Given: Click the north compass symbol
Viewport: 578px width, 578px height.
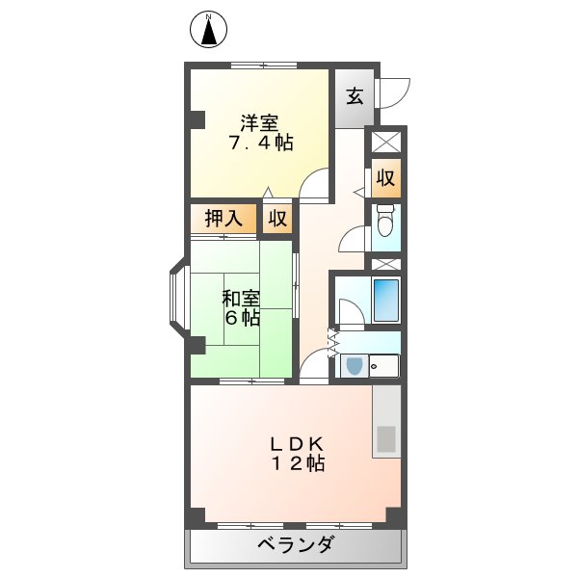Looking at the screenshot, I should pyautogui.click(x=208, y=30).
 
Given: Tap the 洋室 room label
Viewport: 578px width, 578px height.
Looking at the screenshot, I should pyautogui.click(x=259, y=122).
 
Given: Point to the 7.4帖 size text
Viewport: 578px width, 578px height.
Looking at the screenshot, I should pyautogui.click(x=260, y=143).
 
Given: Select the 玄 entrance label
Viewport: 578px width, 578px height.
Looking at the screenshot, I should pyautogui.click(x=355, y=96).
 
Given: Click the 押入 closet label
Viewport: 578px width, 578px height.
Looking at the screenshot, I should pyautogui.click(x=223, y=219).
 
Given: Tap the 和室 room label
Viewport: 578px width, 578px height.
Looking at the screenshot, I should pyautogui.click(x=240, y=298).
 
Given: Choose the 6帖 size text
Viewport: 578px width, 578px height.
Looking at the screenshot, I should pyautogui.click(x=241, y=317).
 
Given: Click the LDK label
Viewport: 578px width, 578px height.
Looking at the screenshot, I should pyautogui.click(x=295, y=444).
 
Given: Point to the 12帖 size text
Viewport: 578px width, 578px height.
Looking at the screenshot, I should pyautogui.click(x=296, y=464).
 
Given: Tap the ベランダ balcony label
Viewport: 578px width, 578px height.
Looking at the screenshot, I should pyautogui.click(x=295, y=545).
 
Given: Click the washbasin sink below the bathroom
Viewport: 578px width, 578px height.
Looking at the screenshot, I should pyautogui.click(x=354, y=366).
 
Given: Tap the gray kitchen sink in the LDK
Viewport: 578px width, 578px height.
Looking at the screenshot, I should pyautogui.click(x=385, y=439).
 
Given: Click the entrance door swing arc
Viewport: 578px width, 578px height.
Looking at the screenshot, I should pyautogui.click(x=394, y=92).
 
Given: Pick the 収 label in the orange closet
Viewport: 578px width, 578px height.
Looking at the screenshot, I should pyautogui.click(x=384, y=178).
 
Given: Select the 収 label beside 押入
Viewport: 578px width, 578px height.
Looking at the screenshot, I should pyautogui.click(x=277, y=219).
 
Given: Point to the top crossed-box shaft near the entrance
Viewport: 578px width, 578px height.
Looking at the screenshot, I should pyautogui.click(x=384, y=143).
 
